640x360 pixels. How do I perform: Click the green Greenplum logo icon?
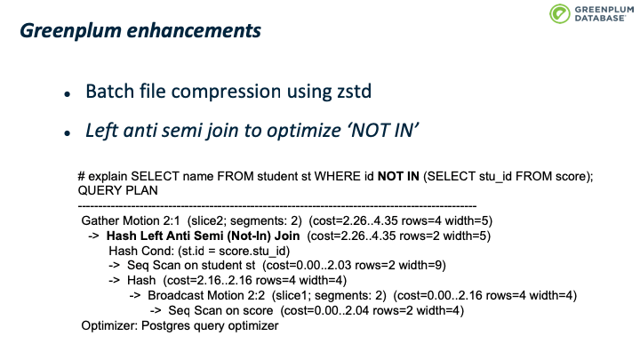point(560,13)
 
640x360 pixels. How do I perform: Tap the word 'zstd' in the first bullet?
point(355,91)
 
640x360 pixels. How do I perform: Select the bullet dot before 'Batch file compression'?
point(68,94)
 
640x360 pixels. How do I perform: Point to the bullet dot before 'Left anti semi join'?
point(68,133)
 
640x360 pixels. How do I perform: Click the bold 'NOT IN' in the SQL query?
point(398,176)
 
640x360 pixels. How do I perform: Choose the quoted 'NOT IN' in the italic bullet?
point(383,131)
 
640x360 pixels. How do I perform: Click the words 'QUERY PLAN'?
point(117,190)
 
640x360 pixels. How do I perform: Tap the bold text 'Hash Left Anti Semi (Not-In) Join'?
point(203,236)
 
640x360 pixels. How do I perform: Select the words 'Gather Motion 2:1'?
point(131,220)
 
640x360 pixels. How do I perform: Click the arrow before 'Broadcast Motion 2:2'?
point(135,295)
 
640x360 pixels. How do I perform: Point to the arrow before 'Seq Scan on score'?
point(156,310)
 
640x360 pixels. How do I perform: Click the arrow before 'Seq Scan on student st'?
point(115,265)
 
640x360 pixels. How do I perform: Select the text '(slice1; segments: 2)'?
point(329,295)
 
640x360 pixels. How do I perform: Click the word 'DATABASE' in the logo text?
point(600,19)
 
